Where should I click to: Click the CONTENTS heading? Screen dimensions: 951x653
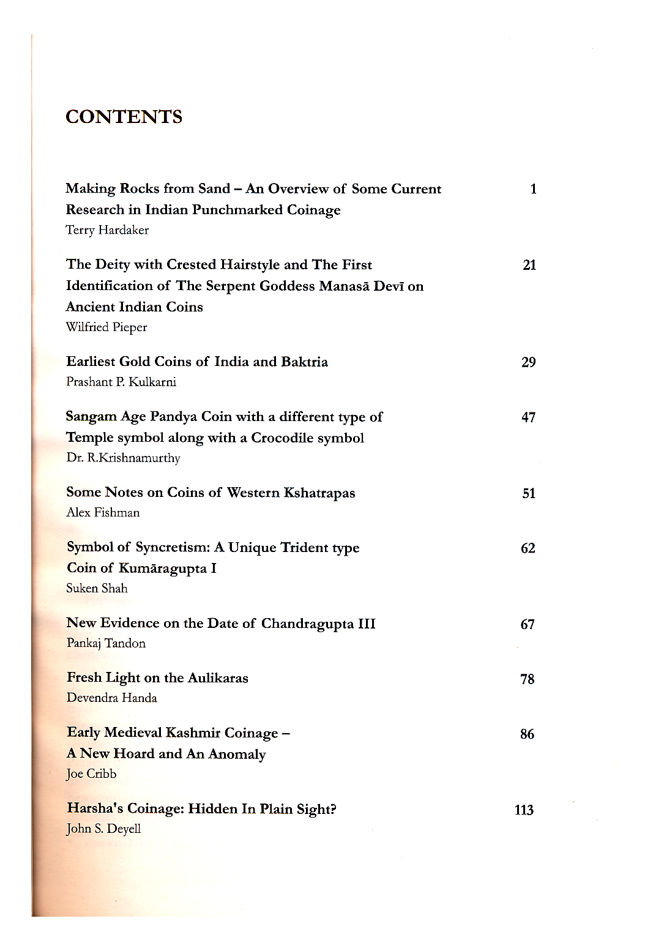point(124,117)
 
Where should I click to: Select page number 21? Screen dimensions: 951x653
point(529,265)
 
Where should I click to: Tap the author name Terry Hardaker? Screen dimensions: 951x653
point(107,230)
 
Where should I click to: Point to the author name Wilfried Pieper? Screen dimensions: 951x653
point(106,327)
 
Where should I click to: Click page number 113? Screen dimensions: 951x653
point(524,810)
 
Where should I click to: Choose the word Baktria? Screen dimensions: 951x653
point(304,362)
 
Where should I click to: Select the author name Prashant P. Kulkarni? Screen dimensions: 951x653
point(121,382)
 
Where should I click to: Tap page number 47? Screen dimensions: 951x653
point(528,417)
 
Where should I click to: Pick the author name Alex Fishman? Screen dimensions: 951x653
point(103,513)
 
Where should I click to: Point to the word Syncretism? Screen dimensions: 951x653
point(172,547)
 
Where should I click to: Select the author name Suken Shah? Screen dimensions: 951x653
point(97,589)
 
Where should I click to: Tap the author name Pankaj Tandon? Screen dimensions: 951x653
point(106,643)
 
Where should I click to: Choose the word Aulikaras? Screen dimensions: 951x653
point(218,678)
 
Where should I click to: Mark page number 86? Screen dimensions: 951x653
point(527,734)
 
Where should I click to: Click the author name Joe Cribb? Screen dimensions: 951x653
point(91,774)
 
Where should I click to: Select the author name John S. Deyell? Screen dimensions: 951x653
point(103,829)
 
